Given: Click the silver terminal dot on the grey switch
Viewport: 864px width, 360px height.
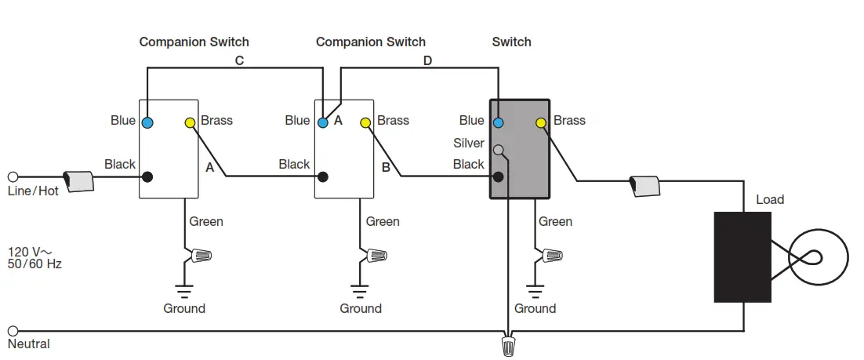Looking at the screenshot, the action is pos(498,149).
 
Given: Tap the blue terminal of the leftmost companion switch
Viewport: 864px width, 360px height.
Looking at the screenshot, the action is pos(147,122).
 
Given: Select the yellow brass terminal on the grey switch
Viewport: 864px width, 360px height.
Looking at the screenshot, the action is pos(541,122).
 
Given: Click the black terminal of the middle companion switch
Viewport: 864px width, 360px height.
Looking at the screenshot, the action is pos(323,176).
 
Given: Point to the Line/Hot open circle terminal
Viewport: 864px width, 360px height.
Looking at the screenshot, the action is pos(13,177).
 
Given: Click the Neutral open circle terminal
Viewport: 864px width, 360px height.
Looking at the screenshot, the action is pos(13,331).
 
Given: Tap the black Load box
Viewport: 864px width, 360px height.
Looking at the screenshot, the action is pos(742,257).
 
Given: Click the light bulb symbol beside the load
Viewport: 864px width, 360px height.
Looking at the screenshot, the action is pos(818,257).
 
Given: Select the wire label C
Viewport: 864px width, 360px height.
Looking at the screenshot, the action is pos(239,60).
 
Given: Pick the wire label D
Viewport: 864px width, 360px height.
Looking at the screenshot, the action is pos(427,60).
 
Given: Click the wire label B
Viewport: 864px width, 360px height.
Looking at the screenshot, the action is pos(386,168).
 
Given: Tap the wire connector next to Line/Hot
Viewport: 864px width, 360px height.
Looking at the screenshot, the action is pos(78,181).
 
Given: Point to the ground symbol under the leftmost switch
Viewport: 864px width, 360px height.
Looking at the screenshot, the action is pos(184,291).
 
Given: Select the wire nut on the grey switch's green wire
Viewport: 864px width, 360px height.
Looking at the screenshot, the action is pos(552,255).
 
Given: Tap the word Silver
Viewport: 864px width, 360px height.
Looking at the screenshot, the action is pos(469,144).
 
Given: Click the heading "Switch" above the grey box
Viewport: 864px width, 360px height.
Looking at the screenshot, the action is pos(511,42).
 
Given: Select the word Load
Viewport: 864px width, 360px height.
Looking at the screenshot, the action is pos(770,199).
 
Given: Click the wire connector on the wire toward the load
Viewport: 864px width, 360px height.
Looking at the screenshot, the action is pos(644,186).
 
